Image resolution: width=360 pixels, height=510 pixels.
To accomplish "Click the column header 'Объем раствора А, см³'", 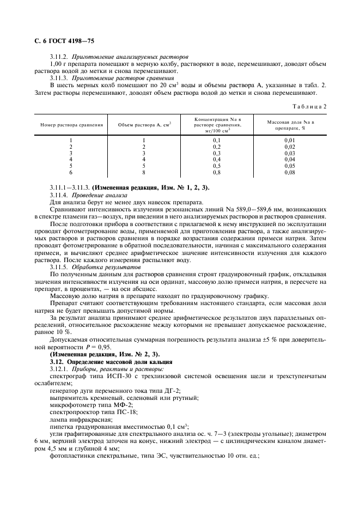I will tap(144, 125).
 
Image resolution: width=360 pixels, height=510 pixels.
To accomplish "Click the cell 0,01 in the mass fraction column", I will tap(289, 140).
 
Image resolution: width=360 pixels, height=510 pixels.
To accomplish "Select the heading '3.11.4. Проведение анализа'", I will tap(88, 195).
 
